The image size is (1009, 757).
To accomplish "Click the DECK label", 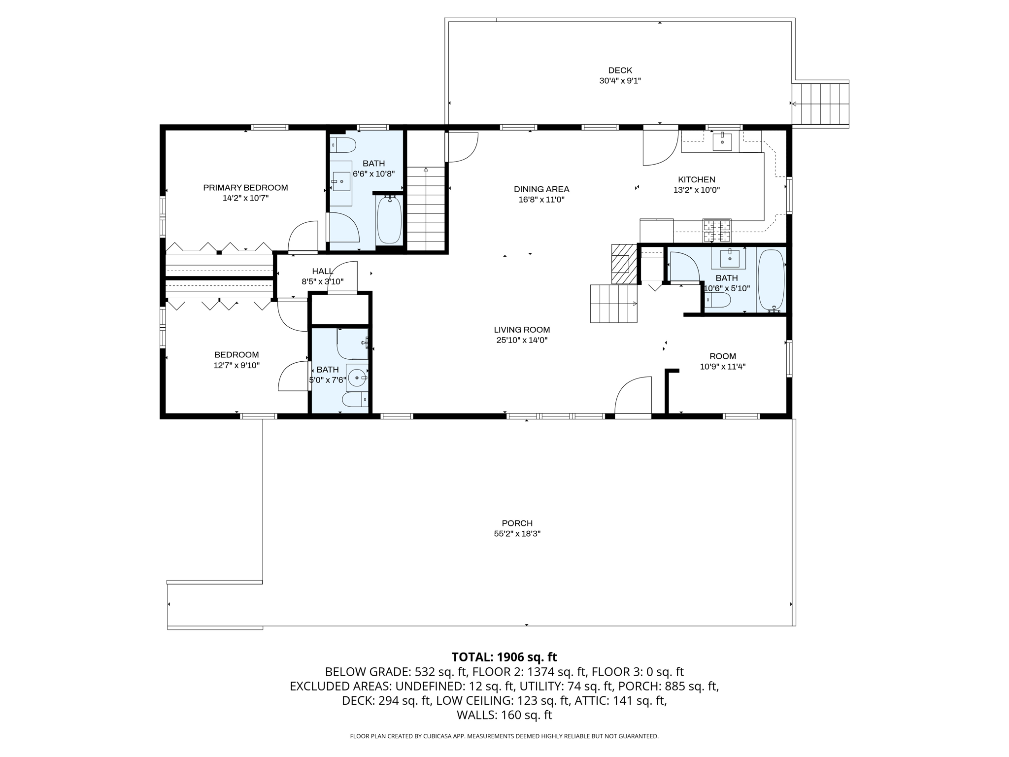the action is [x=620, y=70].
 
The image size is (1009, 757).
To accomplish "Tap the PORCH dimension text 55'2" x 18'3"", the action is [x=517, y=534].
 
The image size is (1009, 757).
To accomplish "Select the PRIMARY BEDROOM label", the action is [x=245, y=188].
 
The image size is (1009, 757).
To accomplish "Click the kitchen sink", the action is [x=722, y=142].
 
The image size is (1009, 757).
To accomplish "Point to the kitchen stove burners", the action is [x=717, y=231].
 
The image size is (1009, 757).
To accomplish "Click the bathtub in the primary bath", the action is [x=390, y=219].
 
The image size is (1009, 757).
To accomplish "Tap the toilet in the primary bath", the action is [x=343, y=145].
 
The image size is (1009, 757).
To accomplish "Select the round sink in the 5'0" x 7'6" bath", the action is [x=357, y=378].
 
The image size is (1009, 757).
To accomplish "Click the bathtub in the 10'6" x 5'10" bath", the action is [x=771, y=280].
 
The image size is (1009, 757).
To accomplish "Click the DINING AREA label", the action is [x=541, y=189].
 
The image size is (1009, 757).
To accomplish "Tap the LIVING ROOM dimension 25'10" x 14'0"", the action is [x=522, y=340].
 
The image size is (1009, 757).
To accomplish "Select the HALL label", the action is [x=323, y=271].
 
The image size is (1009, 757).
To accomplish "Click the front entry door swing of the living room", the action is [x=633, y=395].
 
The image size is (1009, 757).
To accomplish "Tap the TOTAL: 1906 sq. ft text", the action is [x=504, y=657].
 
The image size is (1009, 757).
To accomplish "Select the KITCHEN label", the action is [x=697, y=180].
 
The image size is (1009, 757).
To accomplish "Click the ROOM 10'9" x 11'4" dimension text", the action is [x=723, y=367].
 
